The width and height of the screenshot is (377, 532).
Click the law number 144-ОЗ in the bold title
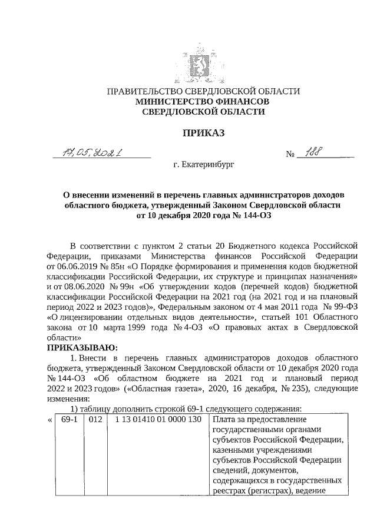pyautogui.click(x=254, y=216)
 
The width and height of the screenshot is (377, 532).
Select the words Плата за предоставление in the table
pyautogui.click(x=260, y=419)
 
